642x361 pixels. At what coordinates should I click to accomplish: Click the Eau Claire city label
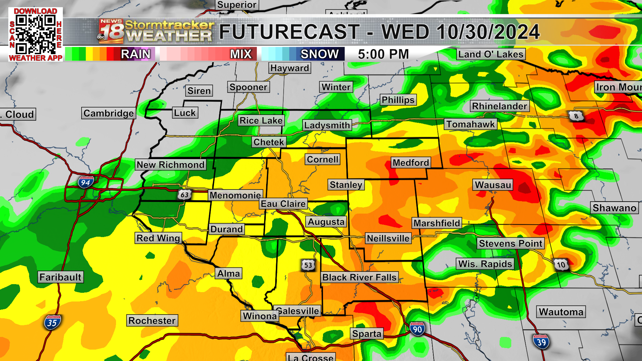click(283, 204)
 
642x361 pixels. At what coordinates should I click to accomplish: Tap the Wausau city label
click(493, 185)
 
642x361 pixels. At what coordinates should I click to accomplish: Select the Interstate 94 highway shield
click(86, 182)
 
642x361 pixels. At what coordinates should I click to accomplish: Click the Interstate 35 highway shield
click(52, 323)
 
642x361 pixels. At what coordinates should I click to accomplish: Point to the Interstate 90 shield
click(417, 329)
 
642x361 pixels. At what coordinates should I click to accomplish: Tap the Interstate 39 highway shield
click(541, 342)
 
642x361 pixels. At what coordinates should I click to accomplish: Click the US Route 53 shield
click(308, 265)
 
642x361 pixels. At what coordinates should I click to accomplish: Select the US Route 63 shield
click(184, 195)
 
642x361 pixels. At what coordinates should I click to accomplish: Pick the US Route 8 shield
click(576, 116)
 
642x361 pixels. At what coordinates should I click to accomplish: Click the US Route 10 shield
click(561, 265)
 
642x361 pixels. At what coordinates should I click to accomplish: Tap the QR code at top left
click(36, 34)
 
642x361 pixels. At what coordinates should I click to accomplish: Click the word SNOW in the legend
click(319, 54)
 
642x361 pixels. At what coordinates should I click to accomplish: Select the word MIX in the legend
click(241, 54)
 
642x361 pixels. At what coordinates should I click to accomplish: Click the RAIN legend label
click(135, 54)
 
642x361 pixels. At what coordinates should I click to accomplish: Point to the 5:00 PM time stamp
click(383, 54)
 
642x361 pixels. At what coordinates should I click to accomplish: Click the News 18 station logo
click(111, 31)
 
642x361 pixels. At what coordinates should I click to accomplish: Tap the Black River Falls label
click(359, 277)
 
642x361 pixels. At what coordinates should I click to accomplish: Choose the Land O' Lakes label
click(491, 54)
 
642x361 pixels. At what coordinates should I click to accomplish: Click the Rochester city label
click(152, 321)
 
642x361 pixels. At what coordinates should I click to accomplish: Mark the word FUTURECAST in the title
click(289, 32)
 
